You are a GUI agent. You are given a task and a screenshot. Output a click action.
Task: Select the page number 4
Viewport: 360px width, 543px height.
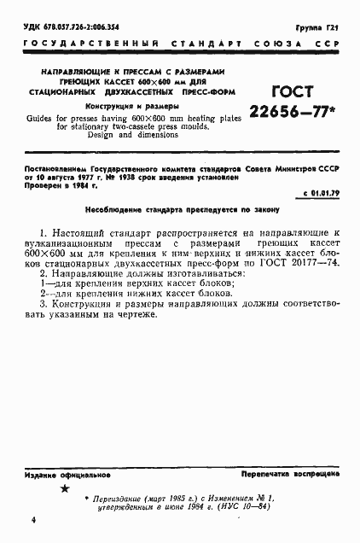(x=32, y=519)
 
